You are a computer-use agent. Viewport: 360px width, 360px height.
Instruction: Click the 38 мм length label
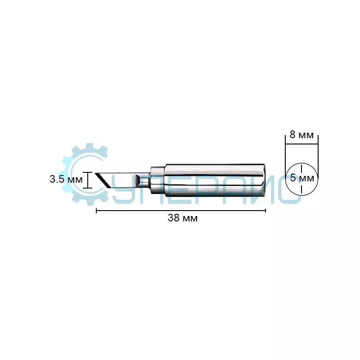183,218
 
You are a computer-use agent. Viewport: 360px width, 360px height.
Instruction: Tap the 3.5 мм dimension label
66,179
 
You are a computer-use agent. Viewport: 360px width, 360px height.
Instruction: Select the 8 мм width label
301,135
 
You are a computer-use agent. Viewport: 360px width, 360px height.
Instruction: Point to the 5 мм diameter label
302,178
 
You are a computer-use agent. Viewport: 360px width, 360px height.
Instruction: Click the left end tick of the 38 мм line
96,211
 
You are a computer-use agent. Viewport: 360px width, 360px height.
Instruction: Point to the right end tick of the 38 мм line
265,211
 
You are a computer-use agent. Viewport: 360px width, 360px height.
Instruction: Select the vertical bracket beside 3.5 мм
87,180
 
